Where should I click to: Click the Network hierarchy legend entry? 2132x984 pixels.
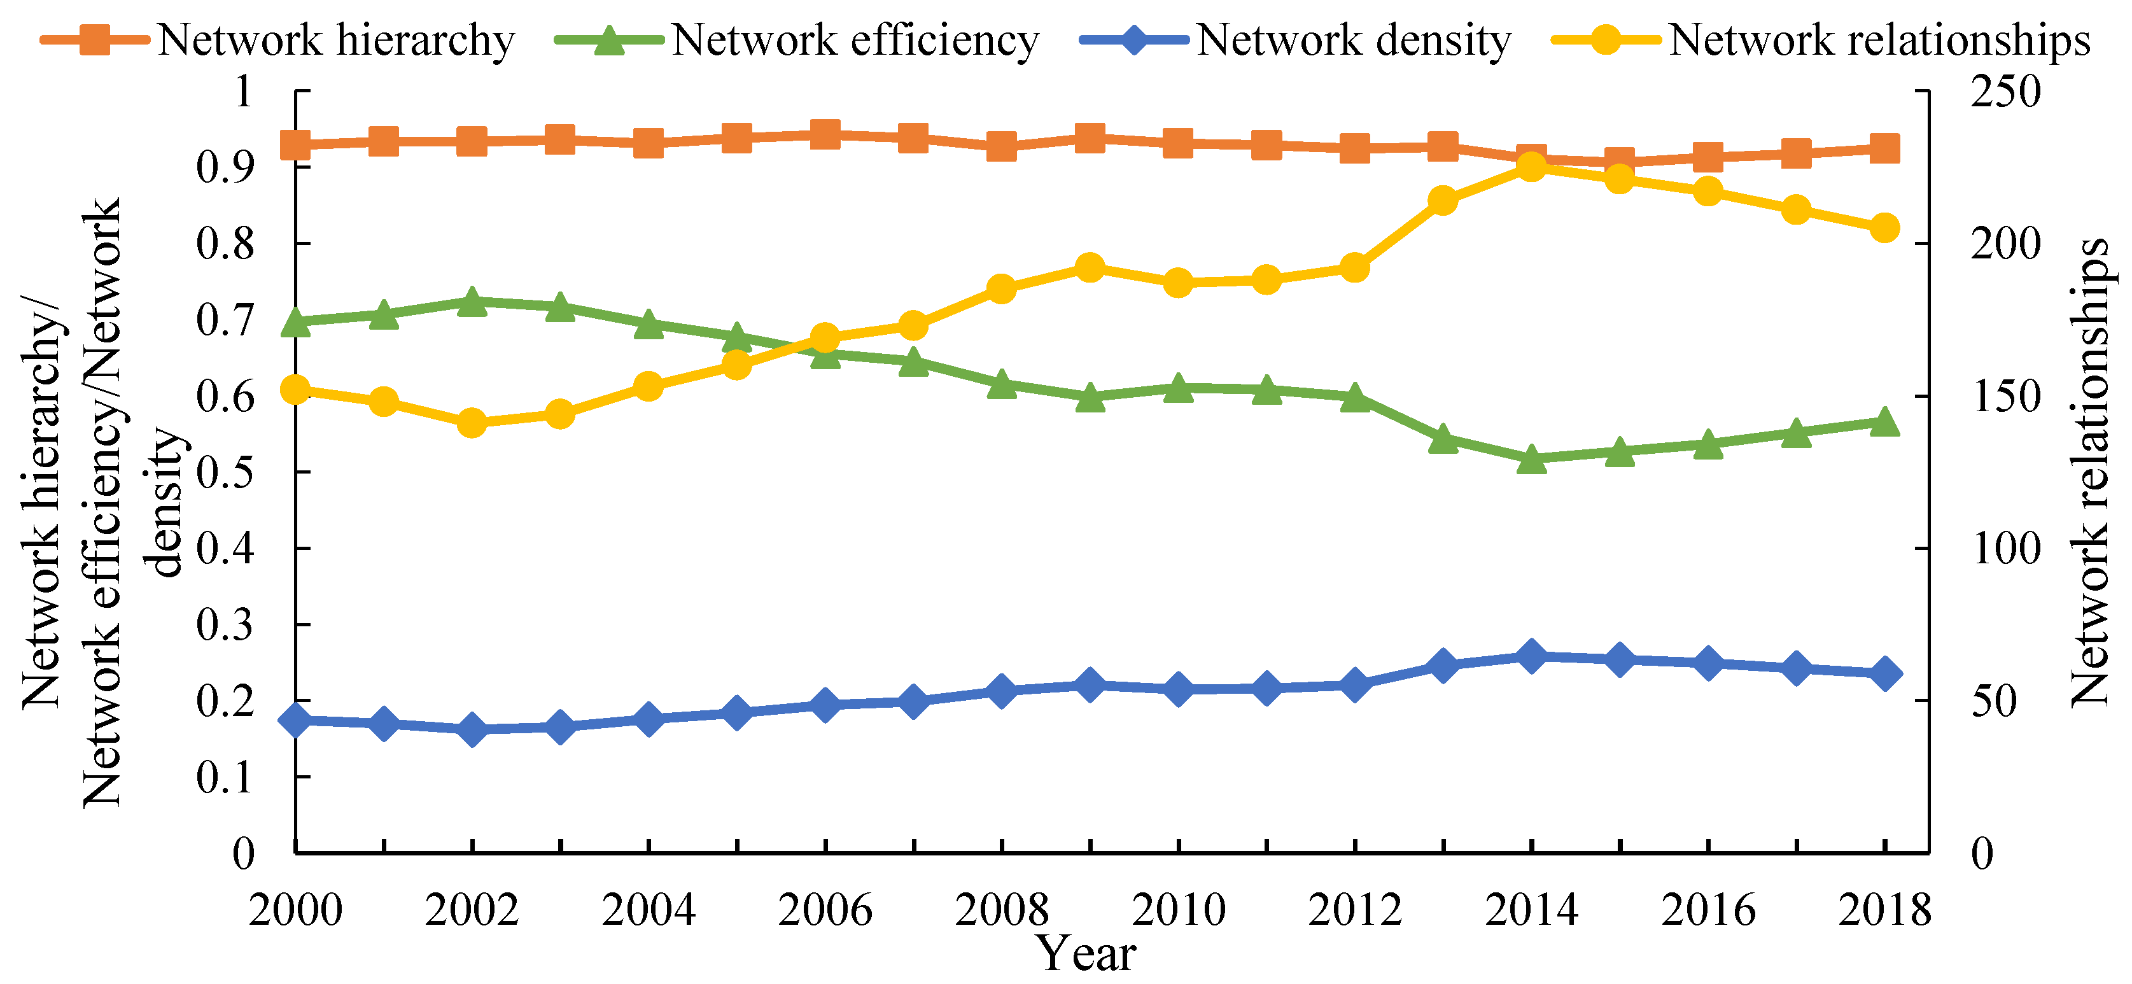[277, 39]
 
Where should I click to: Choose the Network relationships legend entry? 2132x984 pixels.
[1821, 39]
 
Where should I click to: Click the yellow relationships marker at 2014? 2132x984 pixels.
[1531, 168]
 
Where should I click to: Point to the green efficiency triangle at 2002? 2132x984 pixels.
[472, 302]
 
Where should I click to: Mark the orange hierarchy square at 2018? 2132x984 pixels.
[1884, 149]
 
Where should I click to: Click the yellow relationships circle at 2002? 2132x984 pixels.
[472, 423]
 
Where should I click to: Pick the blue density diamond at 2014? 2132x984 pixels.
[1531, 656]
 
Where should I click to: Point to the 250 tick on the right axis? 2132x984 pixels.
[2005, 91]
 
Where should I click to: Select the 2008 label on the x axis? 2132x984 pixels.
[1002, 910]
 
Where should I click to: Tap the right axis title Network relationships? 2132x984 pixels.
[2090, 472]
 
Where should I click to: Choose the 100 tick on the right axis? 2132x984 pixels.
[2005, 548]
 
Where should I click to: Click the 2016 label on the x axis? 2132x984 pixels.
[1708, 910]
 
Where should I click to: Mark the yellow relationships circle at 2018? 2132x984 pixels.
[1884, 228]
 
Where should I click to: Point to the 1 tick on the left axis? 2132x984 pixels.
[243, 91]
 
